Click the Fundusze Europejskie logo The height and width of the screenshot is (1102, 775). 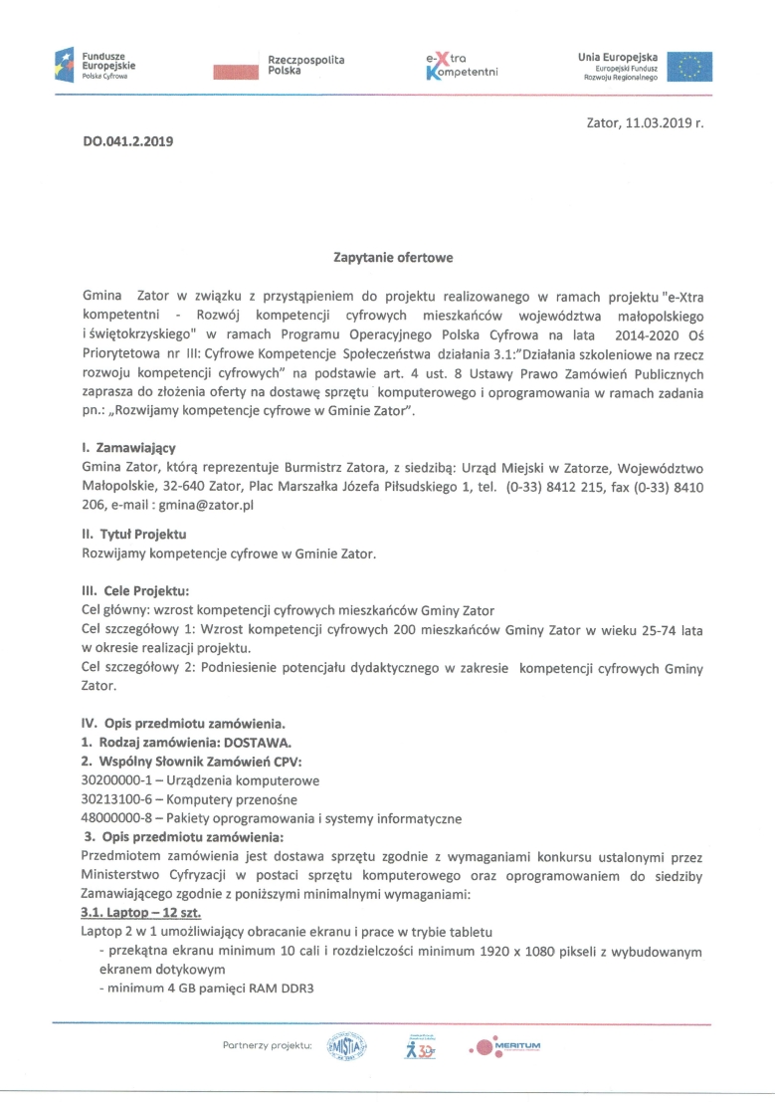(95, 65)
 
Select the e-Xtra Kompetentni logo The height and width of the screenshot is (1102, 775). (461, 67)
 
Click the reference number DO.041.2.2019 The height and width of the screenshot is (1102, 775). (128, 141)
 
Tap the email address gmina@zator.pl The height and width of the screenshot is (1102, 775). (207, 506)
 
